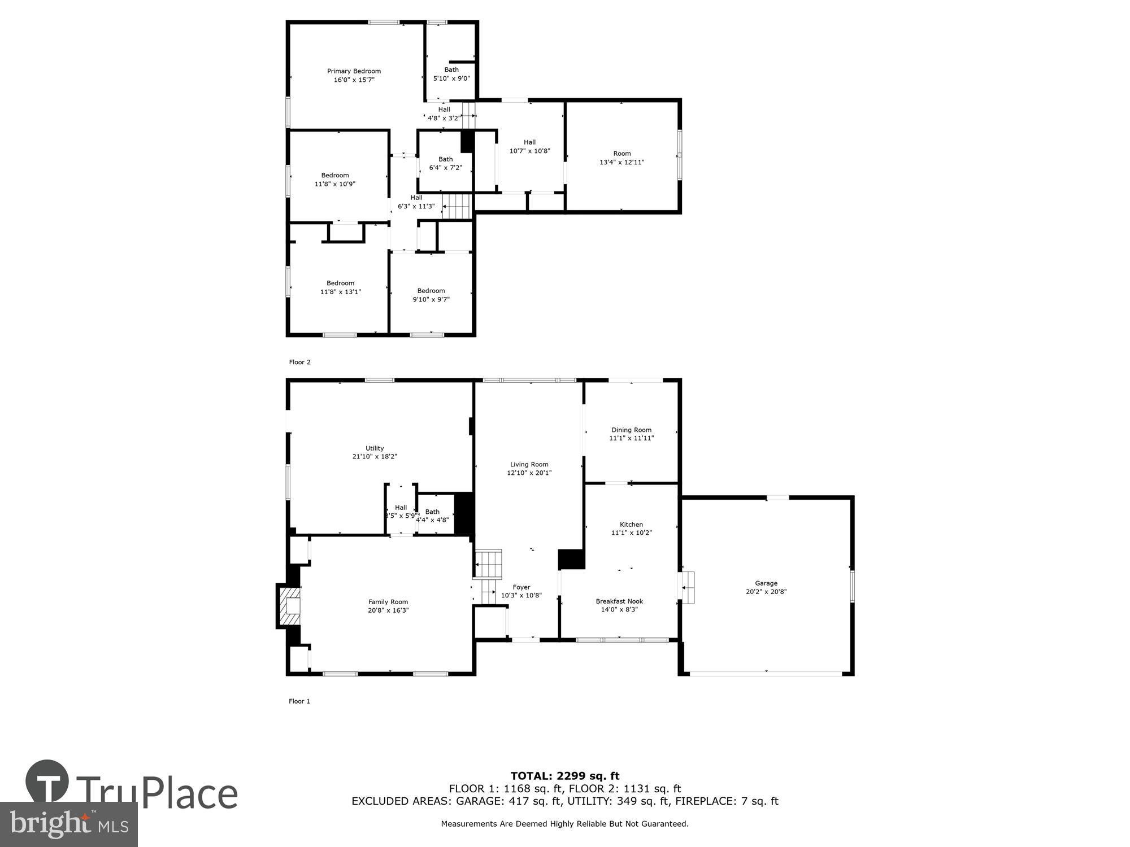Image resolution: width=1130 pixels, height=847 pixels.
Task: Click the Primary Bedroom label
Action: click(354, 71)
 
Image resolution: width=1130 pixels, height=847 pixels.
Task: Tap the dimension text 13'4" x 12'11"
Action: click(621, 163)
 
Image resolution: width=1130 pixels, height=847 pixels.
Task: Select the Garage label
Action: click(766, 583)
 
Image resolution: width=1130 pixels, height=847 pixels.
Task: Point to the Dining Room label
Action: click(631, 430)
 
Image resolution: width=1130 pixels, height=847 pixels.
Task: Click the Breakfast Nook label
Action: click(619, 601)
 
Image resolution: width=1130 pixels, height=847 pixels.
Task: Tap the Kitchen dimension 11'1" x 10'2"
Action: click(631, 533)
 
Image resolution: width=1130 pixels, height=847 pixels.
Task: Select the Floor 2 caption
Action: click(299, 363)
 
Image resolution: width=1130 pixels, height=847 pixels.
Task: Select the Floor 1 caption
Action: click(299, 701)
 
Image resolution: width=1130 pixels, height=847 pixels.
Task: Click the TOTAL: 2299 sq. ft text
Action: click(565, 776)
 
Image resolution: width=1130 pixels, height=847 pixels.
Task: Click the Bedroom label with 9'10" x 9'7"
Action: click(431, 291)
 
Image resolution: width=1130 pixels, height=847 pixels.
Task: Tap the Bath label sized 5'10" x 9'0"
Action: click(451, 70)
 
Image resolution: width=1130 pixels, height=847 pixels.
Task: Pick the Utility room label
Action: click(375, 448)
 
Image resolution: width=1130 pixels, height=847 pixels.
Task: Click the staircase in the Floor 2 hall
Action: click(457, 206)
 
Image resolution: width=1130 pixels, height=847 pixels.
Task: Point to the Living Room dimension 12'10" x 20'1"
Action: click(529, 473)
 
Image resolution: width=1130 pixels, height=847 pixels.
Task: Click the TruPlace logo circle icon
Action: click(47, 781)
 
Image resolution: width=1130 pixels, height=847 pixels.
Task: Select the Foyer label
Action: click(521, 587)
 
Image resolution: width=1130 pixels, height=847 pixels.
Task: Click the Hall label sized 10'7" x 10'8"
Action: click(529, 142)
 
